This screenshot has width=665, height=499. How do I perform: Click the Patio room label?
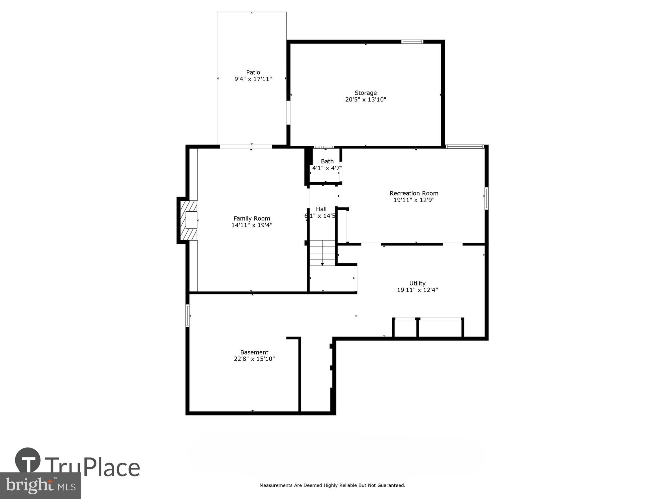point(253,73)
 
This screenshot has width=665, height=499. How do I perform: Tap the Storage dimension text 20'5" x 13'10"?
point(365,99)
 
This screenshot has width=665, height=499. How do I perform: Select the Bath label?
point(327,161)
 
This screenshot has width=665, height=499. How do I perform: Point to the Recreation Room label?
point(414,193)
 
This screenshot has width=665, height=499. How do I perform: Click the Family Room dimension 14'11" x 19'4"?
point(252,225)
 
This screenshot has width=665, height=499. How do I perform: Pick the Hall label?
point(321,209)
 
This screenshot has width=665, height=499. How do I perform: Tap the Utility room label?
point(417,283)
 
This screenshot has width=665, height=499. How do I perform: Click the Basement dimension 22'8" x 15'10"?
point(254,359)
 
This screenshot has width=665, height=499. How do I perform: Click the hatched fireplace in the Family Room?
point(189,220)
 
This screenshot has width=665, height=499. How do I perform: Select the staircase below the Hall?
point(322,252)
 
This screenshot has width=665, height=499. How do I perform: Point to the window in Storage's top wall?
point(412,42)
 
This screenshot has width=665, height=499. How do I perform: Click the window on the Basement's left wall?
point(188,315)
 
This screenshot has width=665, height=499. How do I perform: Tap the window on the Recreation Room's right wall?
point(486,199)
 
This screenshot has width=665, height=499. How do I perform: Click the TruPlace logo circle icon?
point(28,460)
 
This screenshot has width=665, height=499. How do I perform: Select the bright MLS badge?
point(40,486)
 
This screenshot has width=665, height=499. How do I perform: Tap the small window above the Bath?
point(324,147)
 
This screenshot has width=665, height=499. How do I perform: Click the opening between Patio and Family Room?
point(246,146)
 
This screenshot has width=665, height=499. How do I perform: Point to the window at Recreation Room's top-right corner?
point(465,146)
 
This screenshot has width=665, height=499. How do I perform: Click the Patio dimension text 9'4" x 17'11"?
point(253,79)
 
